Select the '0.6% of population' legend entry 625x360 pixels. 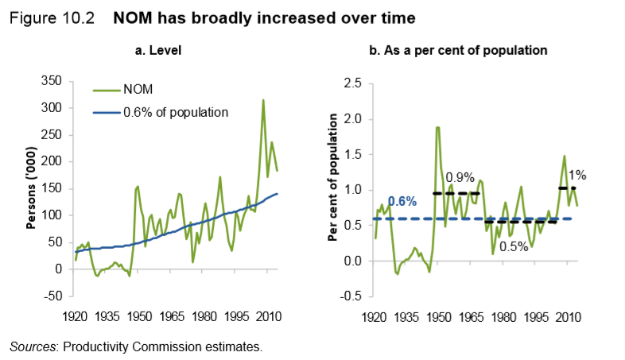coord(175,112)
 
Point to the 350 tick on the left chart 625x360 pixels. coord(52,81)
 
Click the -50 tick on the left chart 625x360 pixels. coord(52,296)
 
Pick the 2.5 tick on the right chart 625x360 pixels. coord(351,83)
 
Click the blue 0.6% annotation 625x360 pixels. coord(402,202)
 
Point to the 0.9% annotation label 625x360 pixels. coord(460,176)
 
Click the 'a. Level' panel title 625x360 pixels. coord(159,50)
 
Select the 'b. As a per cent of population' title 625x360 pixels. coord(459,50)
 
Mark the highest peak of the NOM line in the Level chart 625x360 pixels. coord(262,100)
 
